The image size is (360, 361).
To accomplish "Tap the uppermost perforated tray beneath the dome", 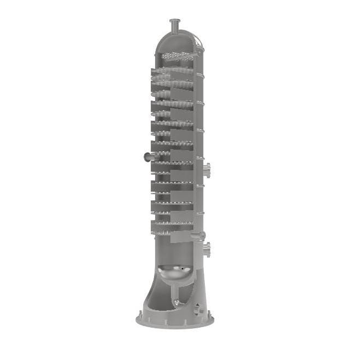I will point(174,56).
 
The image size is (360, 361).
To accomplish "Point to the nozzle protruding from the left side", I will point(146,157).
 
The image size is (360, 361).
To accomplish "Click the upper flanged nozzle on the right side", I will point(208,169).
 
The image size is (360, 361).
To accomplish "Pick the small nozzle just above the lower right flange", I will point(203,235).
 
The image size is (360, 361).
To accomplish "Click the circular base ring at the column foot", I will point(175,322).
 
